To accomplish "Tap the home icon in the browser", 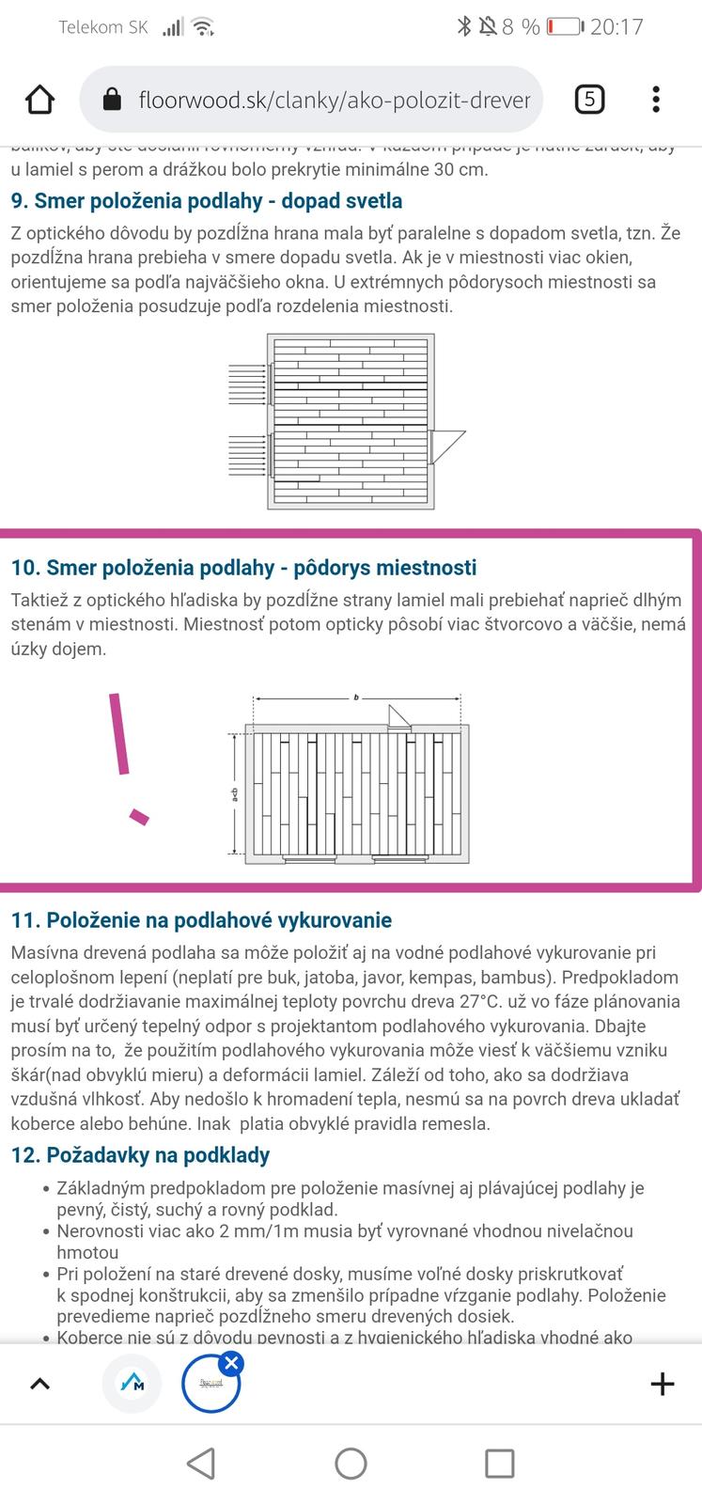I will point(39,99).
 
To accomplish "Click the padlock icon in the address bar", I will point(112,99).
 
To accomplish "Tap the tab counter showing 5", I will point(589,99).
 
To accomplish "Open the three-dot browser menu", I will point(656,99).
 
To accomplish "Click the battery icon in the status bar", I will point(564,26).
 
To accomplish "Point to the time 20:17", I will point(616,26).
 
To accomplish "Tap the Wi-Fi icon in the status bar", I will point(202,26).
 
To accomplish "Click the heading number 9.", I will point(20,201).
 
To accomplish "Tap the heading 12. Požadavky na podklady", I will point(140,1155).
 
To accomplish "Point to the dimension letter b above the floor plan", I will point(357,697).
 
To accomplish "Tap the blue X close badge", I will point(232,1363).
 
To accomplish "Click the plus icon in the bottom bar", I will point(663,1384).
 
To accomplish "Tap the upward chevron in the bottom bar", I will point(40,1384).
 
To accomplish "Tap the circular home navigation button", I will point(351,1464).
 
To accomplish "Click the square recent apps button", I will point(499,1464).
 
